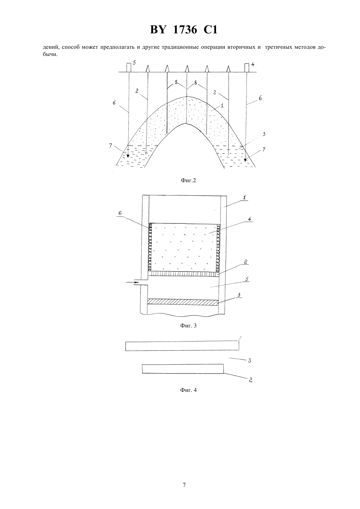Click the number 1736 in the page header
point(185,30)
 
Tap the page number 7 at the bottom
point(184,485)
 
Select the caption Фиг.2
point(188,181)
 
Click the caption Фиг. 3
point(188,325)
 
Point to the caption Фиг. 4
point(188,390)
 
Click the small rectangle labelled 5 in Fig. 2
point(129,68)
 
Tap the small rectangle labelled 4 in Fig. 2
point(246,68)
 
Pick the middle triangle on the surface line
point(187,69)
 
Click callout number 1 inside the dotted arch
point(222,106)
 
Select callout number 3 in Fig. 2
point(264,134)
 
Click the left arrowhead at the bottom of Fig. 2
point(128,156)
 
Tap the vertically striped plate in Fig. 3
point(183,274)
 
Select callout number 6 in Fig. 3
point(120,213)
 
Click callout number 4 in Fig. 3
point(249,219)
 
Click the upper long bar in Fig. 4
point(182,346)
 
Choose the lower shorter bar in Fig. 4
point(183,369)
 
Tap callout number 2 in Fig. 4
point(250,380)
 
